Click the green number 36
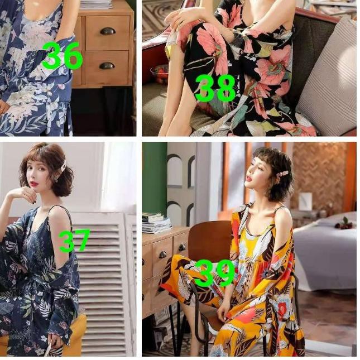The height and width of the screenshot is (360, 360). [62, 56]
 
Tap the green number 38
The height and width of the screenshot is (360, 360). [215, 88]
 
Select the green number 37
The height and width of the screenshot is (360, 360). [74, 241]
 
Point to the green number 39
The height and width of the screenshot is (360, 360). [214, 273]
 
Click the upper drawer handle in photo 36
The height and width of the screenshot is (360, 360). [107, 31]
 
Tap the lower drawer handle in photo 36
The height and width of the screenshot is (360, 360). [107, 65]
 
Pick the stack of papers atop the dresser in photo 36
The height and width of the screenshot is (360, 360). [98, 4]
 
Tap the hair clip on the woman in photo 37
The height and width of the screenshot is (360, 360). [63, 166]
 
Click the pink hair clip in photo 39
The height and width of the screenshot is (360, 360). [282, 174]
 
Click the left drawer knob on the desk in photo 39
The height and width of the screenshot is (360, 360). [162, 255]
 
